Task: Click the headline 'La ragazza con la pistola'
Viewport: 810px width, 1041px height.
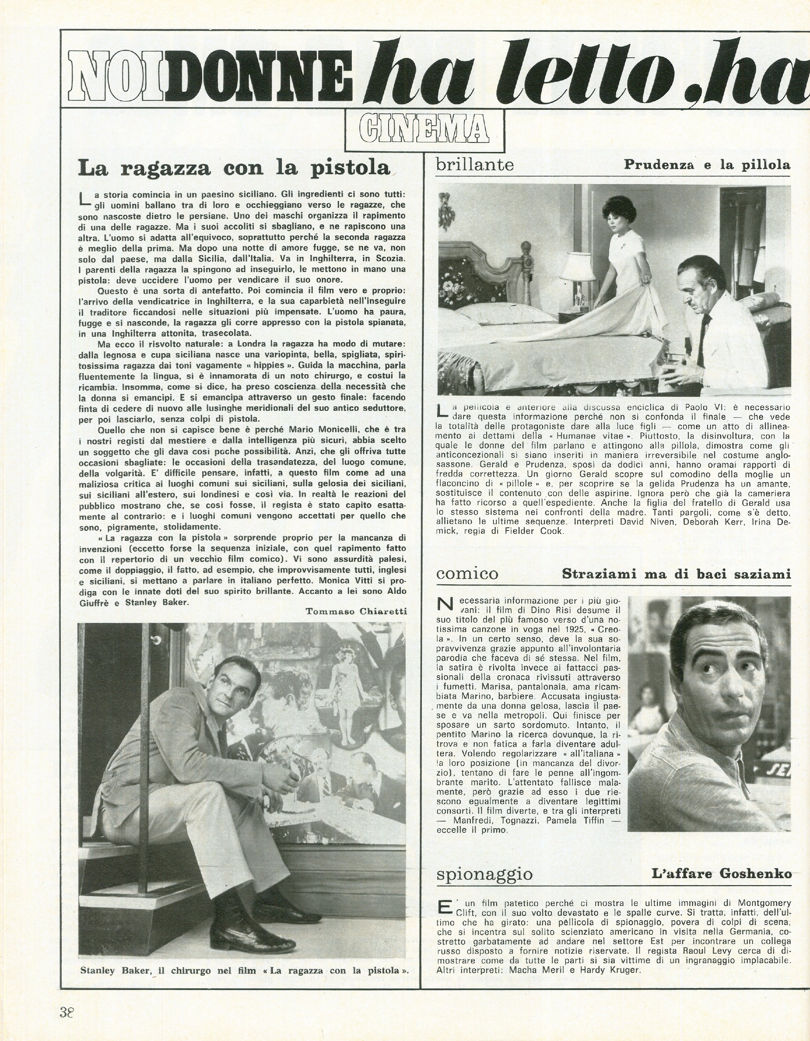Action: [x=234, y=168]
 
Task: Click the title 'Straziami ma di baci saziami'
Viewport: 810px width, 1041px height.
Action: [x=676, y=574]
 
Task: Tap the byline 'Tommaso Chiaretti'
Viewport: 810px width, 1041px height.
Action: [x=356, y=612]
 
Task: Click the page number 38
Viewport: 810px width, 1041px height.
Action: [x=68, y=1009]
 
